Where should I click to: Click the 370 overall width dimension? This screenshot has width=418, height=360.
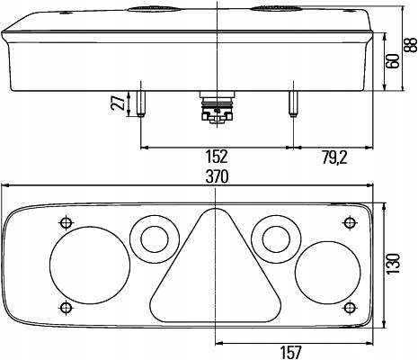pyautogui.click(x=217, y=176)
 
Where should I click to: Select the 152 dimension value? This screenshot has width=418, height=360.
pyautogui.click(x=217, y=157)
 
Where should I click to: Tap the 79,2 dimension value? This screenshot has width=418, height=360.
pyautogui.click(x=334, y=157)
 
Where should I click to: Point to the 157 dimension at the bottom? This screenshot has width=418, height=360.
pyautogui.click(x=290, y=352)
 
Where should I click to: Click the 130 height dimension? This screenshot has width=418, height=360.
pyautogui.click(x=394, y=264)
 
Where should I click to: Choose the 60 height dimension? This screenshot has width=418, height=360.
pyautogui.click(x=393, y=61)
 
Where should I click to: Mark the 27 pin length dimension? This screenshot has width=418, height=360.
pyautogui.click(x=119, y=102)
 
